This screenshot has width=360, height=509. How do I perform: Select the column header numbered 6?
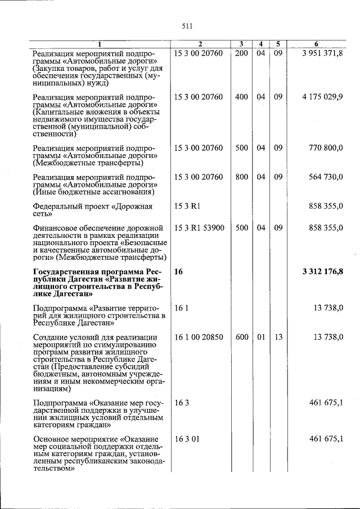coord(316,44)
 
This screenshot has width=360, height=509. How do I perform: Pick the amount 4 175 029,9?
coord(322,97)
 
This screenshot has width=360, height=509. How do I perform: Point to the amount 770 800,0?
coord(326,148)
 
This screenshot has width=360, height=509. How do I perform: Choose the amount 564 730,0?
coord(326,177)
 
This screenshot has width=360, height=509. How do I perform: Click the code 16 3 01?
coord(187,438)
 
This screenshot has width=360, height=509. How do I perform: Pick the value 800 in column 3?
coord(241,177)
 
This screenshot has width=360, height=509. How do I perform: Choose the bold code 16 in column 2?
coord(179,272)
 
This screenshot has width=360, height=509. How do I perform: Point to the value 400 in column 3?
coord(241,97)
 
